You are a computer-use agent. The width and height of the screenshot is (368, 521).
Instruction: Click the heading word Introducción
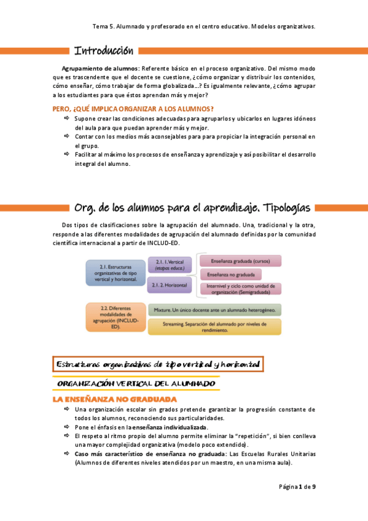[103, 50]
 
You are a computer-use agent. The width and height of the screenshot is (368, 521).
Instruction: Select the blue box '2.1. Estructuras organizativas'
[115, 272]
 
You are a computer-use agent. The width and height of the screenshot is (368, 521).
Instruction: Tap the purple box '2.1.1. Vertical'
[170, 265]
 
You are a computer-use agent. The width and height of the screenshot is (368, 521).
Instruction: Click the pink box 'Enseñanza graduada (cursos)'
[240, 260]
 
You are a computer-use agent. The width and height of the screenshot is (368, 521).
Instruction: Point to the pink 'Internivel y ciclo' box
[240, 288]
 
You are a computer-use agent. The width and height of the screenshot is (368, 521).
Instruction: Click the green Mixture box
[214, 310]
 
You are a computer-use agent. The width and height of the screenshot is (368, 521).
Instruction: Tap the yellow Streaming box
[214, 326]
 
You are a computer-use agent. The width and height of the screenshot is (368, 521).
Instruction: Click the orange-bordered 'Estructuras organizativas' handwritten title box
[157, 364]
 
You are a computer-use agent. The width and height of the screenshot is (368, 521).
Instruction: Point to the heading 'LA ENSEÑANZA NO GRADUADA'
[115, 399]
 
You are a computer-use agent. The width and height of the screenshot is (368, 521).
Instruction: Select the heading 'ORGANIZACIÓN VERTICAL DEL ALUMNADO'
[136, 383]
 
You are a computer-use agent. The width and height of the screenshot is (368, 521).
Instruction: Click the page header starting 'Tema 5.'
[204, 27]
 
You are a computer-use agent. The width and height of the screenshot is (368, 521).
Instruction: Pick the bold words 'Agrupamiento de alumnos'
[101, 68]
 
